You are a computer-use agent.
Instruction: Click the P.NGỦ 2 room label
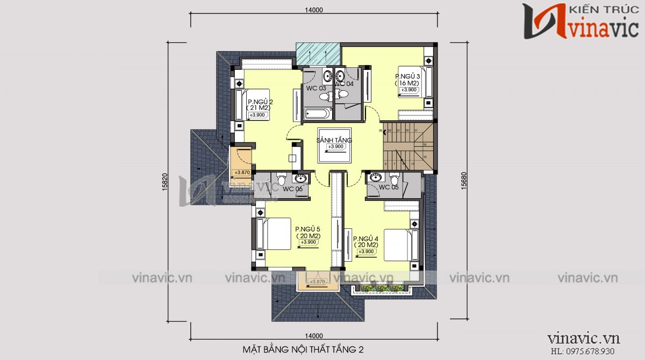point(261,102)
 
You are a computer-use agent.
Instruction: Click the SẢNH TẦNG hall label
point(334,140)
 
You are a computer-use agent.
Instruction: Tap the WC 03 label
point(316,88)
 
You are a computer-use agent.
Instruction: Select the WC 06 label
point(292,189)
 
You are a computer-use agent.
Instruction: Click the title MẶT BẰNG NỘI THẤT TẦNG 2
point(303,350)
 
